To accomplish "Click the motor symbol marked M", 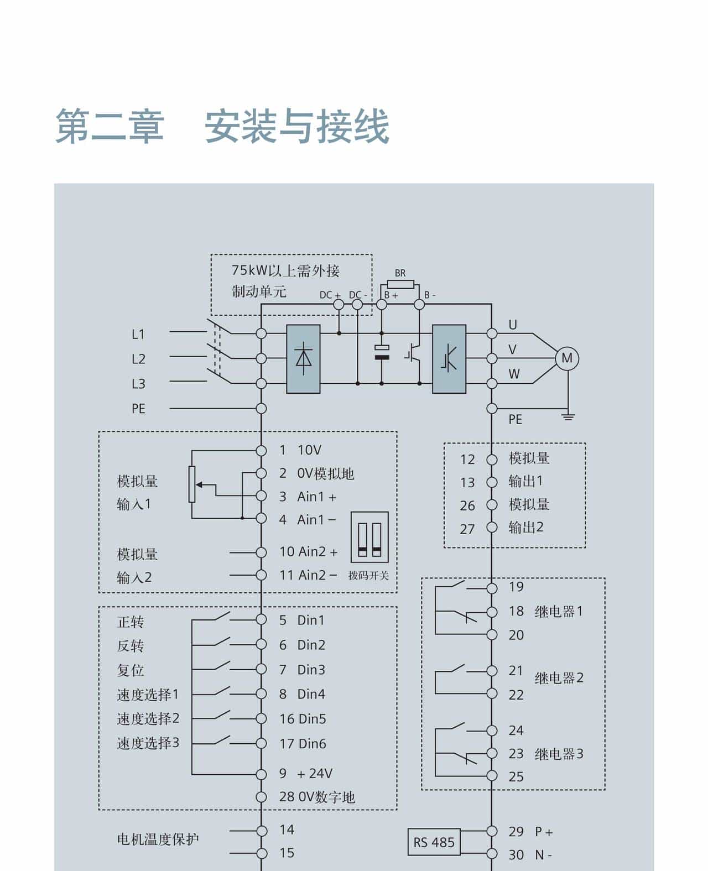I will pyautogui.click(x=567, y=358).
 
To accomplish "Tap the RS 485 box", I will pyautogui.click(x=434, y=842).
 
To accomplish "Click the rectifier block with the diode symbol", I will pyautogui.click(x=303, y=359).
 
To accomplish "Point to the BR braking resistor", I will pyautogui.click(x=404, y=285).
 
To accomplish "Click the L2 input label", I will pyautogui.click(x=138, y=359).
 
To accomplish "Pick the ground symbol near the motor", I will pyautogui.click(x=568, y=416).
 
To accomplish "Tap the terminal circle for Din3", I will pyautogui.click(x=261, y=669).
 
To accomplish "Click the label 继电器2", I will pyautogui.click(x=559, y=678).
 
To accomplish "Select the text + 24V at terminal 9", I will pyautogui.click(x=315, y=774).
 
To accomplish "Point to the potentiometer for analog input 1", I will pyautogui.click(x=192, y=484).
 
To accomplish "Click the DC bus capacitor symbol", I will pyautogui.click(x=382, y=352).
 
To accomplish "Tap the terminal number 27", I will pyautogui.click(x=467, y=529).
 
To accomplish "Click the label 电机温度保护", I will pyautogui.click(x=158, y=839).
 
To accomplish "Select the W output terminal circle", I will pyautogui.click(x=492, y=383).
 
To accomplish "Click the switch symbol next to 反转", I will pyautogui.click(x=221, y=641).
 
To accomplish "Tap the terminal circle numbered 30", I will pyautogui.click(x=492, y=854).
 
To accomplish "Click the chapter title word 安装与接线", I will pyautogui.click(x=297, y=127).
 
